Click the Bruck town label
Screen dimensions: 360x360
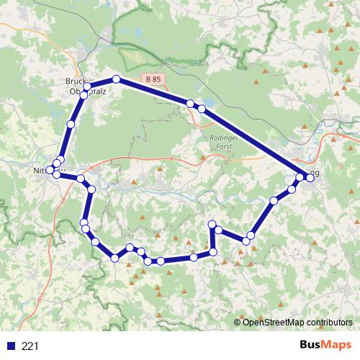click(x=76, y=81)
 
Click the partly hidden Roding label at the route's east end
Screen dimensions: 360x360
click(x=315, y=173)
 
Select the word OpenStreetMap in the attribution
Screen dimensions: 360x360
click(x=274, y=323)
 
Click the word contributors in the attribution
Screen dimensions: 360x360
click(x=329, y=323)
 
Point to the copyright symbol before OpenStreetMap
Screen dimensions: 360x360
click(x=238, y=323)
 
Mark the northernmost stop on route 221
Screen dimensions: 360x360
click(x=115, y=78)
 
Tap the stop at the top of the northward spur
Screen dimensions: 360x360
click(x=212, y=224)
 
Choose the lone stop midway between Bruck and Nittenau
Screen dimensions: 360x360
click(x=70, y=125)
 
